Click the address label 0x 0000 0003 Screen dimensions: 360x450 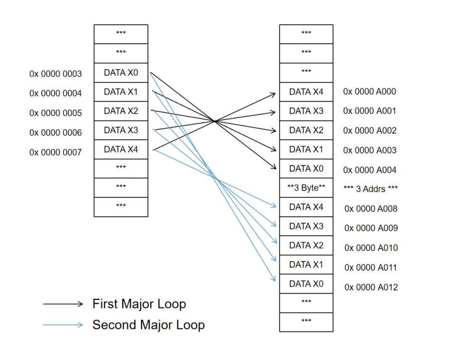coord(55,74)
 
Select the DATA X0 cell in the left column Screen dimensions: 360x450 coord(121,73)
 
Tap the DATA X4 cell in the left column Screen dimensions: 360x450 coord(121,149)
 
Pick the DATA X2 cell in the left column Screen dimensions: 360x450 coord(121,111)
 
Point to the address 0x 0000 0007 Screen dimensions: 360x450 coord(55,152)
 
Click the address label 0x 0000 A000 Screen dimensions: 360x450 coord(369,92)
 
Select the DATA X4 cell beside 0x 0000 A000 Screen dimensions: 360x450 coord(306,92)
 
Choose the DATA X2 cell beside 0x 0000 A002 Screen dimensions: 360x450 coord(306,130)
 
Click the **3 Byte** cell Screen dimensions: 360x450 coord(306,188)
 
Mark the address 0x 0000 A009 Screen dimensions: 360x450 coord(371,228)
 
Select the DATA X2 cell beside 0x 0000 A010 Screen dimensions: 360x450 coord(306,245)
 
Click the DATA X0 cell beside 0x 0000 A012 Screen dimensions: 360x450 coord(306,284)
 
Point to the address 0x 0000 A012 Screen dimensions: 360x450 coord(371,287)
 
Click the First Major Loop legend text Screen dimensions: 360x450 coord(139,304)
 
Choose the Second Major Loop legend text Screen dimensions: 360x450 coord(148,325)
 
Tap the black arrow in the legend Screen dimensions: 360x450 coord(63,305)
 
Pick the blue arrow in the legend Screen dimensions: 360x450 coord(63,325)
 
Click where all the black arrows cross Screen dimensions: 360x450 coord(215,121)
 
